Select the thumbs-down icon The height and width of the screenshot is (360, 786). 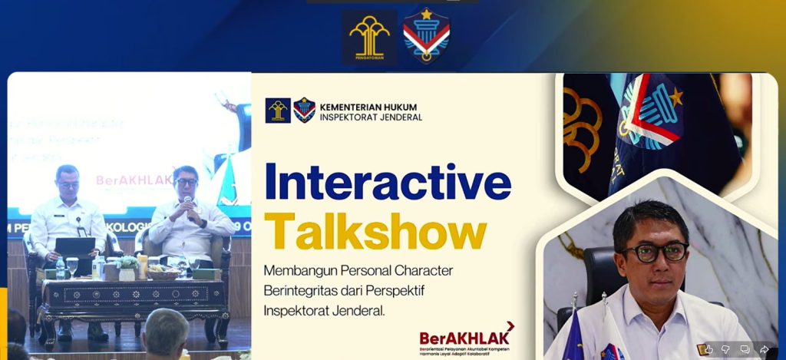pyautogui.click(x=725, y=349)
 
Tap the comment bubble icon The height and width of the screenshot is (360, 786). pyautogui.click(x=745, y=349)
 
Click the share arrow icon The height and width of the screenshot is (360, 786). pyautogui.click(x=764, y=349)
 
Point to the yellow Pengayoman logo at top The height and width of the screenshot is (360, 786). pyautogui.click(x=369, y=36)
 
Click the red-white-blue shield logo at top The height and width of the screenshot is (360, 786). pyautogui.click(x=426, y=35)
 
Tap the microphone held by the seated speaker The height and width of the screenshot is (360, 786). pyautogui.click(x=187, y=202)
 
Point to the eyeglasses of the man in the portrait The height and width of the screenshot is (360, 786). pyautogui.click(x=655, y=251)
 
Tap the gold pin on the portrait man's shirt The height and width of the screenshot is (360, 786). pyautogui.click(x=701, y=349)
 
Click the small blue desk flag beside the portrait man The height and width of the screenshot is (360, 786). pyautogui.click(x=573, y=333)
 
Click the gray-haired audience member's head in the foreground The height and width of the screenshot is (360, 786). pyautogui.click(x=166, y=331)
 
